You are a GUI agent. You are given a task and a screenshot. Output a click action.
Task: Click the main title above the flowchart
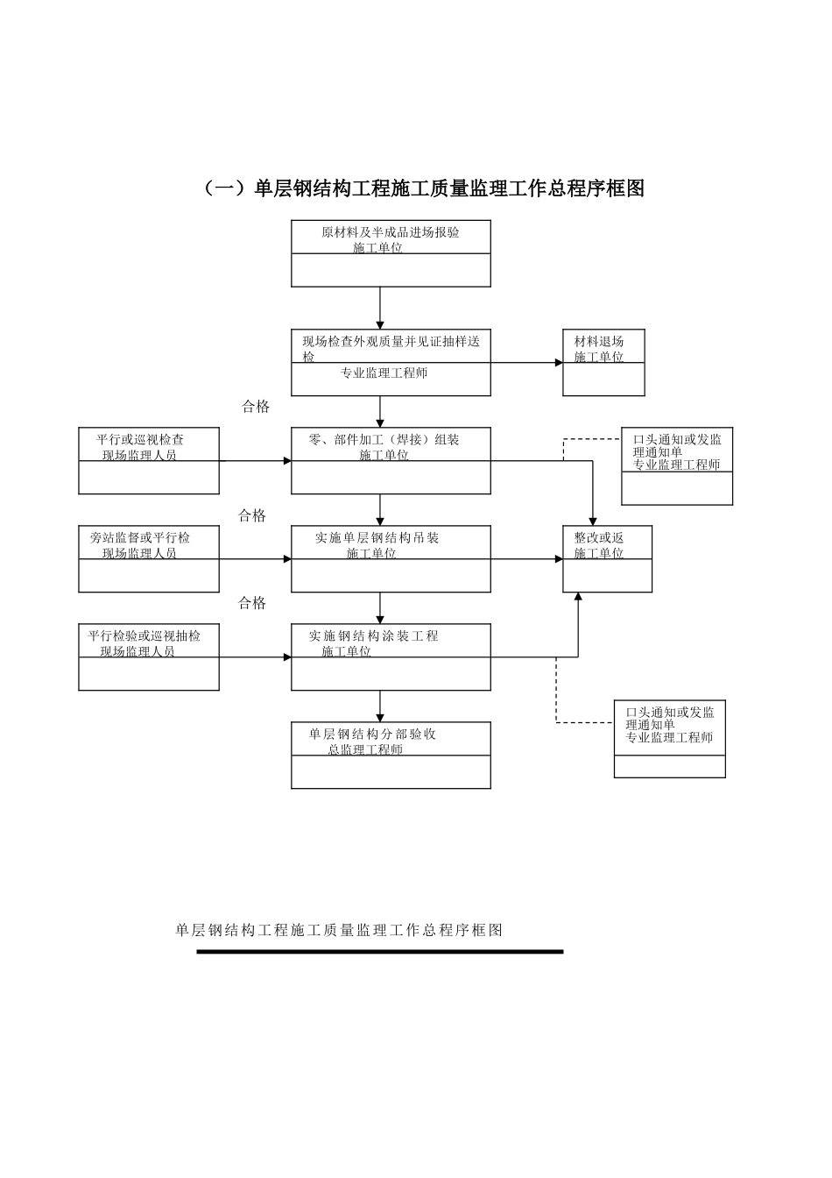point(423,188)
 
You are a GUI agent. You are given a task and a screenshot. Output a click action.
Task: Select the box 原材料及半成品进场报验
point(391,253)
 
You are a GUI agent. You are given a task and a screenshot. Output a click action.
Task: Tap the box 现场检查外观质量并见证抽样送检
point(391,363)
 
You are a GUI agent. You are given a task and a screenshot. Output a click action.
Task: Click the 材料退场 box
point(603,363)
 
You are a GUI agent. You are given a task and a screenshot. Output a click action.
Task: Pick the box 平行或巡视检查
point(149,461)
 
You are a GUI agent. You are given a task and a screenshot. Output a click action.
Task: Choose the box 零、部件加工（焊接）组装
point(391,461)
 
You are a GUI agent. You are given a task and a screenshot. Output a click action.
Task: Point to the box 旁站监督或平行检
point(149,559)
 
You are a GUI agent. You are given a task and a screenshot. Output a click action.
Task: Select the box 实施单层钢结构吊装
point(391,559)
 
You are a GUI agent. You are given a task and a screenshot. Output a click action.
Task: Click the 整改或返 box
point(607,559)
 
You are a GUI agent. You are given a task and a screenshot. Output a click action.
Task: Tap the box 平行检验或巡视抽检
point(149,657)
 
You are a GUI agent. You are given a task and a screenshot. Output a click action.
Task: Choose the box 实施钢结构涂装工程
point(391,657)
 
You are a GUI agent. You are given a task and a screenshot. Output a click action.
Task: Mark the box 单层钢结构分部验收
point(391,756)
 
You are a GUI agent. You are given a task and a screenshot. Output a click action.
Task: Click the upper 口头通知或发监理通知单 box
point(677,466)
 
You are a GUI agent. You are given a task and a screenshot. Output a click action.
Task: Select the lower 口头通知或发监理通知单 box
point(670,739)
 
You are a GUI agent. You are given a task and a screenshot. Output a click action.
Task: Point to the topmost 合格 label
point(256,407)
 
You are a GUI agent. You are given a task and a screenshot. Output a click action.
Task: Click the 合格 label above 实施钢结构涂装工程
point(252,603)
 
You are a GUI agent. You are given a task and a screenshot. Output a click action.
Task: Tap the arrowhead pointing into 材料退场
point(559,363)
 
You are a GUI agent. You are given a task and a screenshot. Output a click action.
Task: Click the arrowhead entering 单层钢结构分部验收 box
point(380,718)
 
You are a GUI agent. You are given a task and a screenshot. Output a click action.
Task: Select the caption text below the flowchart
point(339,930)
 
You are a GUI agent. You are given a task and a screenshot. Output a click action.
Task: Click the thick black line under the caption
point(379,951)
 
